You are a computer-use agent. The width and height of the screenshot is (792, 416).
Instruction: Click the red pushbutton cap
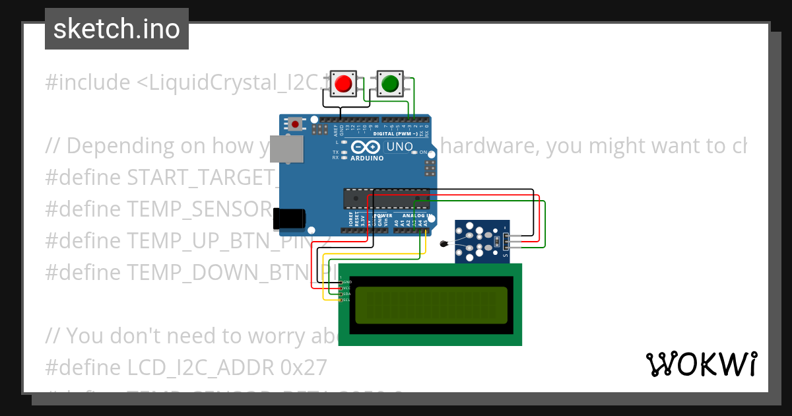tap(343, 84)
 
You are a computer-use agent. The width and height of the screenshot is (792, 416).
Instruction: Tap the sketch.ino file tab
tap(117, 29)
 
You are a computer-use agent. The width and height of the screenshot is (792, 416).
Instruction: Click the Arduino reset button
tap(295, 124)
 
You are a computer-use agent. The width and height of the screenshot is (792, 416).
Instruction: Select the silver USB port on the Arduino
tap(290, 150)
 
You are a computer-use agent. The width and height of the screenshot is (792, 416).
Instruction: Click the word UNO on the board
tap(399, 147)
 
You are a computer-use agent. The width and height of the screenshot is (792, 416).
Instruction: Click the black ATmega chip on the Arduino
tap(386, 198)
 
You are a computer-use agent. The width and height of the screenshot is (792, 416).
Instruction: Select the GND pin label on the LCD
tap(346, 282)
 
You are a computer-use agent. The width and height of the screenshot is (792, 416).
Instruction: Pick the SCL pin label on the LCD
tap(346, 300)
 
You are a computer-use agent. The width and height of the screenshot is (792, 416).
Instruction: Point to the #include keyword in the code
tap(88, 83)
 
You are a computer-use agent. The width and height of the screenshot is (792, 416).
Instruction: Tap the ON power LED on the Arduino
tap(414, 152)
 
